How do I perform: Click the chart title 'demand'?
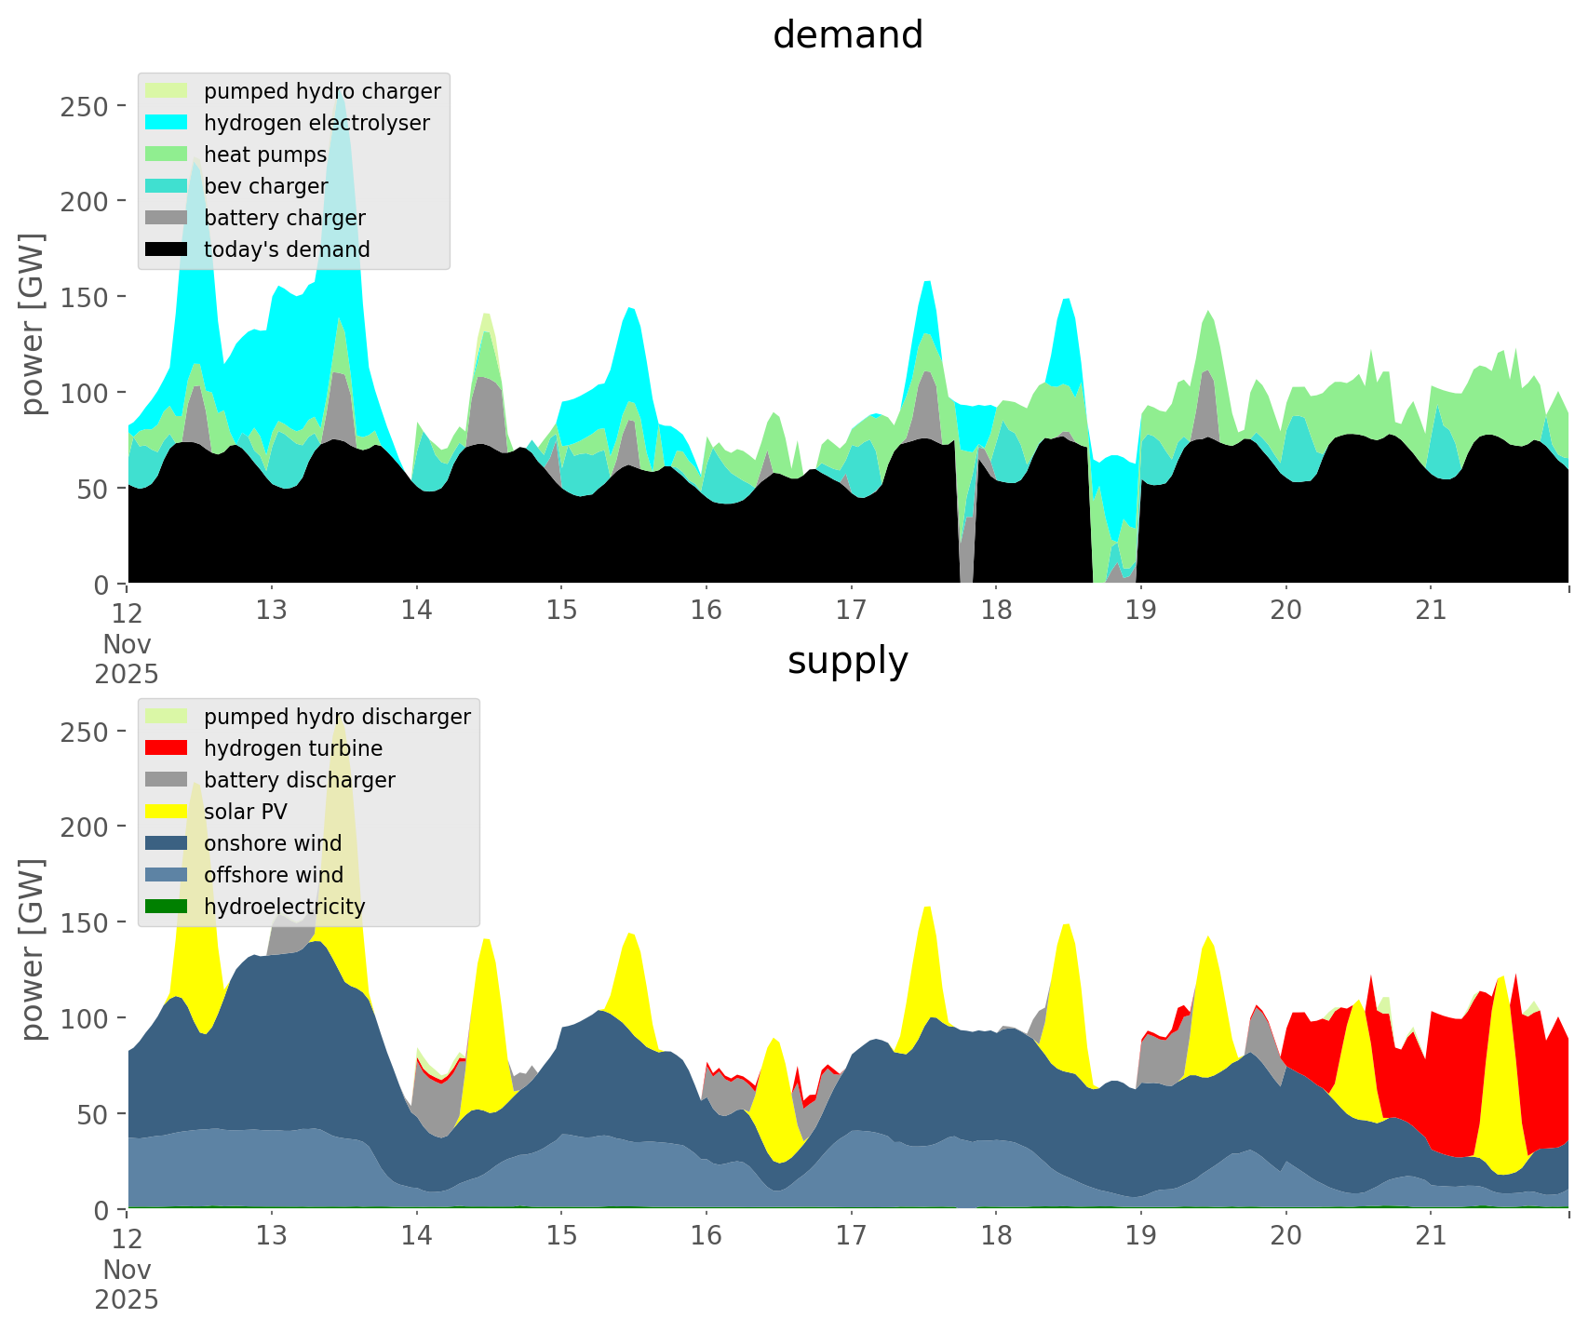click(847, 35)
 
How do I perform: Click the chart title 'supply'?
click(847, 661)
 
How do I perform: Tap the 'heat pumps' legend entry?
click(265, 155)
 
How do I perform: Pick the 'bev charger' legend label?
click(265, 186)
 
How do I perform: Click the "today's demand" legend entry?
click(287, 249)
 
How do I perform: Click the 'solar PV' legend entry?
click(246, 812)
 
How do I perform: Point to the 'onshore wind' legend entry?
click(273, 843)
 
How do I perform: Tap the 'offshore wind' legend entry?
click(274, 875)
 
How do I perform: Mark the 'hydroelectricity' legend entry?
click(284, 907)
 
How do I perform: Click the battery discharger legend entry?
click(299, 780)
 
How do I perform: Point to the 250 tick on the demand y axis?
click(85, 106)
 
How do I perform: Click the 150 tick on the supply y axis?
click(85, 922)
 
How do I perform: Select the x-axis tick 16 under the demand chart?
click(707, 610)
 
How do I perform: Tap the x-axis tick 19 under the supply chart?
click(1141, 1235)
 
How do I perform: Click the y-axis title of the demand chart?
click(33, 323)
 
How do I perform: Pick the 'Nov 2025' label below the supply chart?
click(127, 1285)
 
